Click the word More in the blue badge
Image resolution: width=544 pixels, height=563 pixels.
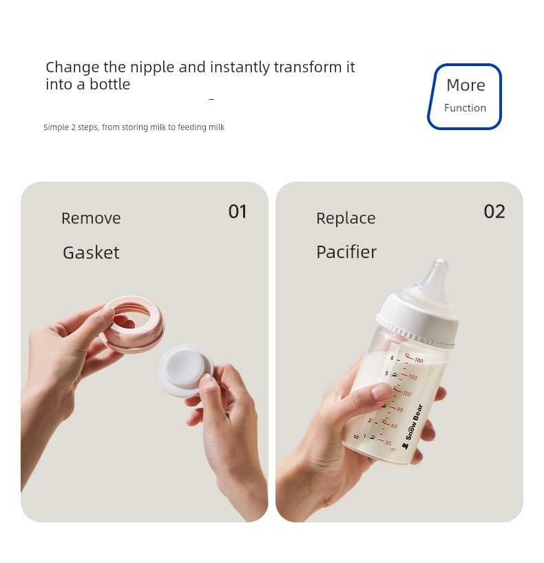coord(465,85)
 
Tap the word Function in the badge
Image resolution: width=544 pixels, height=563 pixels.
coord(465,108)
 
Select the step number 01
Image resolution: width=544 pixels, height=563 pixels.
coord(238,211)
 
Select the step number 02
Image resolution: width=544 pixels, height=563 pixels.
coord(494,211)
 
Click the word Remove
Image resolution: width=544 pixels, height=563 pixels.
coord(91,218)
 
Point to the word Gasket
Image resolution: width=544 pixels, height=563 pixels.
coord(91,253)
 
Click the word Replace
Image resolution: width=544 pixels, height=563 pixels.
coord(346,218)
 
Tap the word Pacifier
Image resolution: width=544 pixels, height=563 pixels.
coord(346,252)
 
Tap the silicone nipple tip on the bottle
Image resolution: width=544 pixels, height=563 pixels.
coord(441,266)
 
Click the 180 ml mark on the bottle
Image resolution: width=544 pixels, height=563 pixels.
coord(419,360)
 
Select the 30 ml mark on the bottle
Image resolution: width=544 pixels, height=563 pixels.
coord(388,443)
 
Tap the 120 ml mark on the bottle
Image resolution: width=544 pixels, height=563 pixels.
coord(407,394)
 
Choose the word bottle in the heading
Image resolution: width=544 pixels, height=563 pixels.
coord(109,85)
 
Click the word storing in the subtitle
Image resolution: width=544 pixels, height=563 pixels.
coord(135,127)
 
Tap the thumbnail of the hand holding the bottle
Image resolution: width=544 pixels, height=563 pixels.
coord(399,352)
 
